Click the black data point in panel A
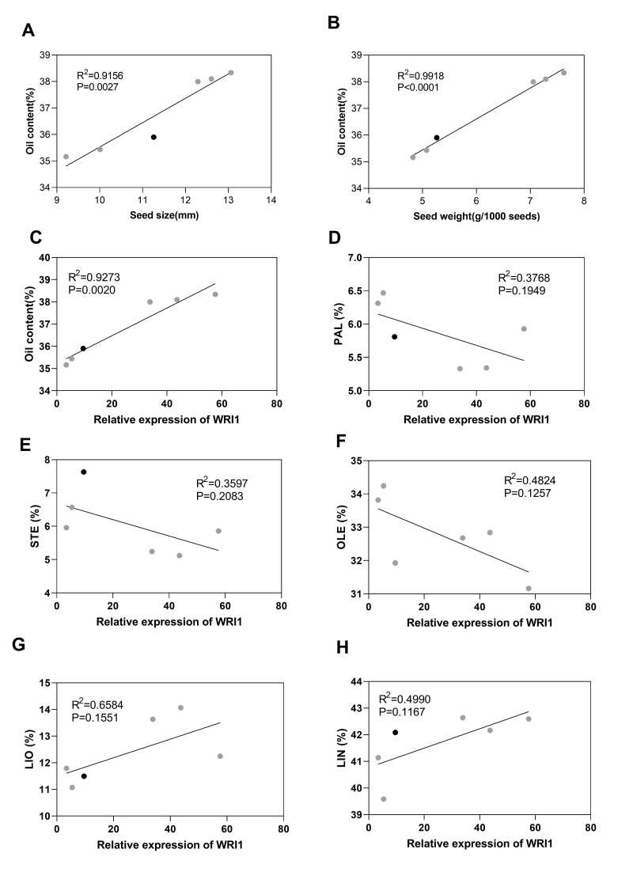click(154, 137)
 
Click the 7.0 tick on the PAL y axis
click(353, 258)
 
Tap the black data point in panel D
click(394, 336)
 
